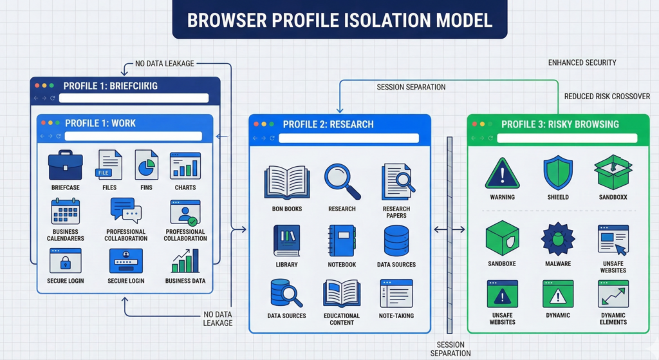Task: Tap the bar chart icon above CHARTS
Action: pyautogui.click(x=185, y=166)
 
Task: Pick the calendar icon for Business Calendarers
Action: pyautogui.click(x=65, y=211)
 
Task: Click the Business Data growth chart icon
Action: pyautogui.click(x=185, y=261)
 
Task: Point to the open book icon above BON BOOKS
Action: pyautogui.click(x=287, y=182)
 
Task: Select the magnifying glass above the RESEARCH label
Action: pyautogui.click(x=342, y=182)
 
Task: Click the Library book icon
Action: pyautogui.click(x=286, y=240)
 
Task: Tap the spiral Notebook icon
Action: pyautogui.click(x=342, y=241)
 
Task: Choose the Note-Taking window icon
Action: pyautogui.click(x=396, y=292)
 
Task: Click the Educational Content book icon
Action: pyautogui.click(x=342, y=292)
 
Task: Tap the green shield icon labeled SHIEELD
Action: pyautogui.click(x=557, y=173)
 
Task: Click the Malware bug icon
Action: pyautogui.click(x=557, y=239)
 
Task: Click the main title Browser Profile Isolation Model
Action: pyautogui.click(x=339, y=19)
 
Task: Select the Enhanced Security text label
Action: pyautogui.click(x=582, y=62)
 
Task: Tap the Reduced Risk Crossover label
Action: pyautogui.click(x=607, y=97)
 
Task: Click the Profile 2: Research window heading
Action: pyautogui.click(x=328, y=124)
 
